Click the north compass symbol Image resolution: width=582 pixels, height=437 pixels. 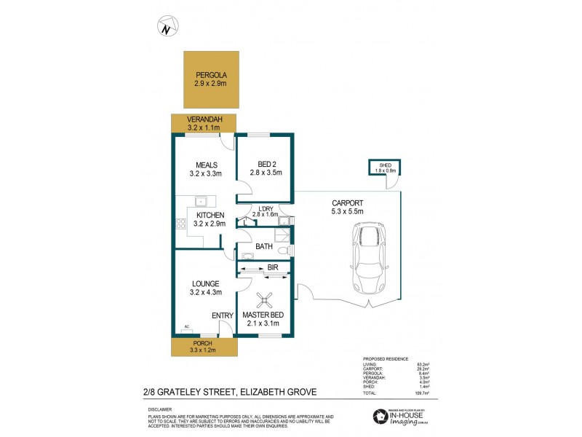(x=167, y=29)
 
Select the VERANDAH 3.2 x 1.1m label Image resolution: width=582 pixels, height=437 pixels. (x=203, y=124)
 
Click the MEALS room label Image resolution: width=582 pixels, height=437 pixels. (x=204, y=169)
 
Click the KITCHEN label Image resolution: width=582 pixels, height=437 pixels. (x=210, y=219)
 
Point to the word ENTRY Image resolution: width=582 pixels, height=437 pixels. (x=222, y=315)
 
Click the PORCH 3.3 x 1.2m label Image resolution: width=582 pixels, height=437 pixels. (x=203, y=347)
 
